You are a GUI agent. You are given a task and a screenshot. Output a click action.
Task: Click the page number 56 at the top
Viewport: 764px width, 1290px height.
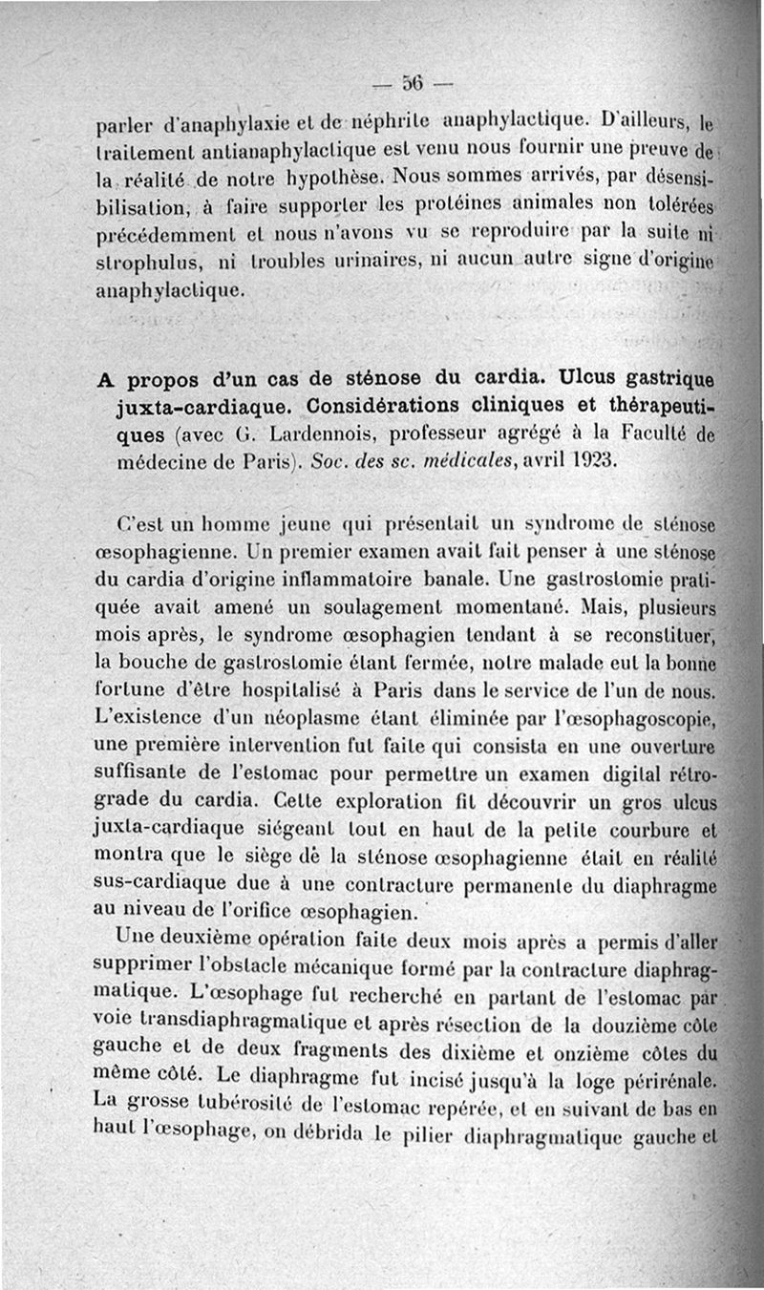414,82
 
